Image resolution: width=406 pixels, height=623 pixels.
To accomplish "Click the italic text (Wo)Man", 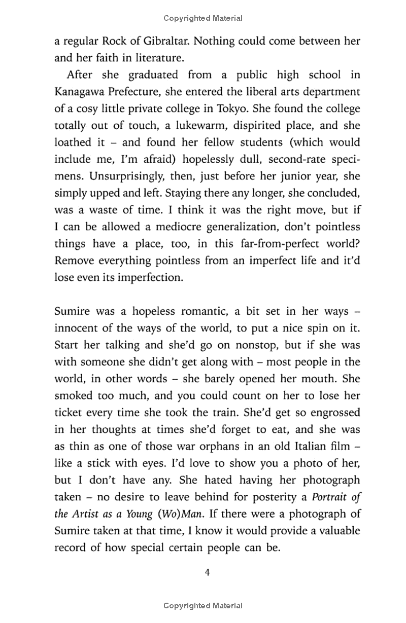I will click(180, 514).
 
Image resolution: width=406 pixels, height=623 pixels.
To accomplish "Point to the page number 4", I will click(207, 573).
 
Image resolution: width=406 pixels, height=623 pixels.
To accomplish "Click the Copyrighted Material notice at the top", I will click(203, 18).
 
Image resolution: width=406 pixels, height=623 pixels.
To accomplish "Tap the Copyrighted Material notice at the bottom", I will click(203, 606).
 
